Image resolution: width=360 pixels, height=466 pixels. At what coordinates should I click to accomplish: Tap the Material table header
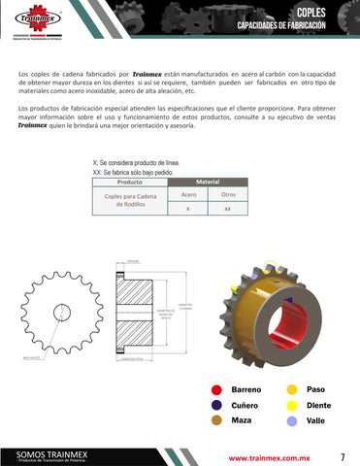[x=207, y=182]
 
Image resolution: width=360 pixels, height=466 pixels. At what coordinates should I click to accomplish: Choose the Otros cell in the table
[x=227, y=195]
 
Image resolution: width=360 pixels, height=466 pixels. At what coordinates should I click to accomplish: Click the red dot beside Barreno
[x=216, y=389]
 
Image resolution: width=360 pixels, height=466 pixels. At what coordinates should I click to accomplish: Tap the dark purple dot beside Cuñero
[x=216, y=405]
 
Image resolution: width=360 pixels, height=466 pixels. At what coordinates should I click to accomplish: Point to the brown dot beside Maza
[x=216, y=420]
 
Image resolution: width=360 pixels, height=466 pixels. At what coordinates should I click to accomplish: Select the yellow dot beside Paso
[x=291, y=389]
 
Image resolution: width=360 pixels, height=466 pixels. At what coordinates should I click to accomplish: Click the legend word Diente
[x=319, y=405]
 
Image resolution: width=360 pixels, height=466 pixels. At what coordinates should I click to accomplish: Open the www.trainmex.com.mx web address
[x=275, y=455]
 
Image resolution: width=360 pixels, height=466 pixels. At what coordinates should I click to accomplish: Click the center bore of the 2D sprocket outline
[x=63, y=312]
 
